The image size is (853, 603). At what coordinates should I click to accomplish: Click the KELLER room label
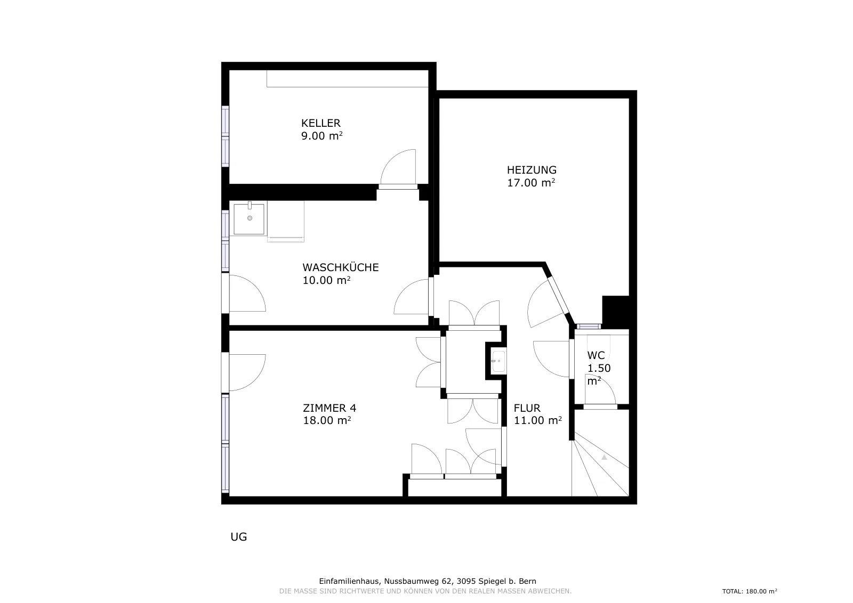point(320,123)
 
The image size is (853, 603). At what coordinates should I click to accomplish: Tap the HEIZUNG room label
point(532,170)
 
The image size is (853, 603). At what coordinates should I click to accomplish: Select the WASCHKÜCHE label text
point(341,267)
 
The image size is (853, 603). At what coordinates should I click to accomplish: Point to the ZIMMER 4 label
point(329,408)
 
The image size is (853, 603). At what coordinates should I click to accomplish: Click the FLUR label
point(527,408)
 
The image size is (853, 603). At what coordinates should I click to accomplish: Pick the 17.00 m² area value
point(531,183)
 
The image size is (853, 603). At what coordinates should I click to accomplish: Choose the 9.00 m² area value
point(322,136)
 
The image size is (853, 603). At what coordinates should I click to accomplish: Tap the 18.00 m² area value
point(327,420)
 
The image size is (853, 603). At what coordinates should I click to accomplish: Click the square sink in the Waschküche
point(249,219)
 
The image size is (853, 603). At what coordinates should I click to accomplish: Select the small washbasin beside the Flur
point(498,361)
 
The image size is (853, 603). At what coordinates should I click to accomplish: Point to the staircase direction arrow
point(604,457)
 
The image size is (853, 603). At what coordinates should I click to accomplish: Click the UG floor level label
point(239,537)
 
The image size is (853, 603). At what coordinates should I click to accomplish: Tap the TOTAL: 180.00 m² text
point(750,591)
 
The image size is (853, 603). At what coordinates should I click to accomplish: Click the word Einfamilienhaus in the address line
point(349,581)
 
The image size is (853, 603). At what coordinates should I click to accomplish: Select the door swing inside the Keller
point(398,167)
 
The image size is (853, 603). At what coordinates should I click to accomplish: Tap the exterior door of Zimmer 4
point(244,372)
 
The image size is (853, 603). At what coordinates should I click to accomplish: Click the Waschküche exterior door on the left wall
point(244,294)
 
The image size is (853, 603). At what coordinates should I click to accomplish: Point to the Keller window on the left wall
point(226,136)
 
